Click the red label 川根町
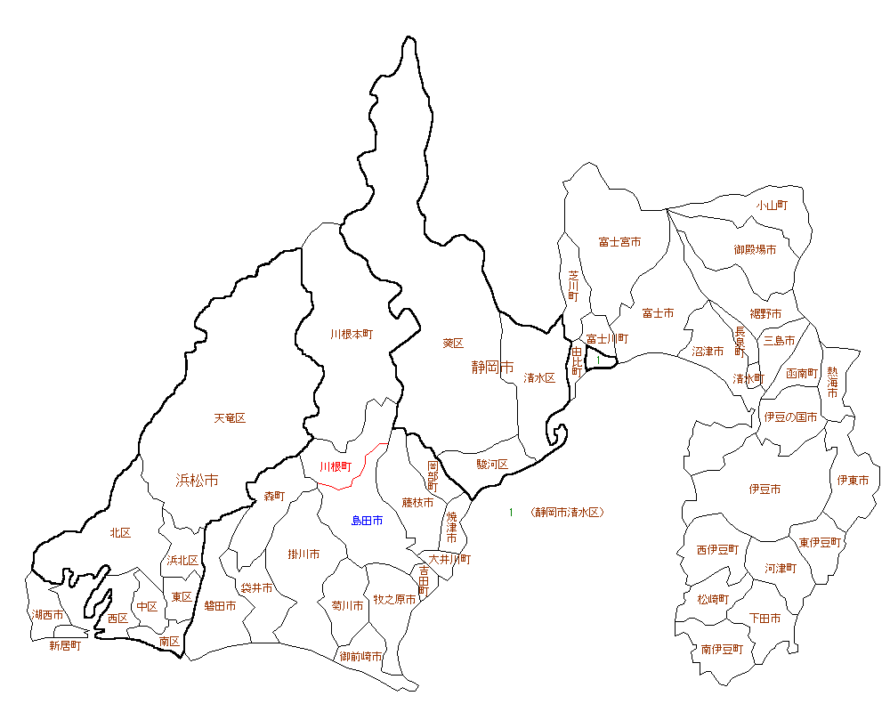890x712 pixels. coord(336,466)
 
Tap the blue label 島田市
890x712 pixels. coord(367,520)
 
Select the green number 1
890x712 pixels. coord(511,513)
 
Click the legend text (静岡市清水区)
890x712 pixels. coord(566,513)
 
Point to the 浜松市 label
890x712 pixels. coord(197,481)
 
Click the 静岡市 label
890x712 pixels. coord(493,367)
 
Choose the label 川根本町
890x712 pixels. coord(352,335)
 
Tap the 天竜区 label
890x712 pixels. coord(230,417)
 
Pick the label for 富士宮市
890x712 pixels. coord(619,242)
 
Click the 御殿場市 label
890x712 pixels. coord(755,249)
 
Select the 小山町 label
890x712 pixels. coord(773,205)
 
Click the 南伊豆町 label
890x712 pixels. coord(722,649)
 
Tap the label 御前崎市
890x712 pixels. coord(361,656)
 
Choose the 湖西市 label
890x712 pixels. coord(48,615)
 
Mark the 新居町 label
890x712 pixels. coord(65,645)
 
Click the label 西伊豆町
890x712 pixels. coord(717,550)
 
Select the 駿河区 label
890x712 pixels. coord(491,464)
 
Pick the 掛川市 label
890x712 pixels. coord(304,554)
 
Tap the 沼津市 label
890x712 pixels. coord(708,352)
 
